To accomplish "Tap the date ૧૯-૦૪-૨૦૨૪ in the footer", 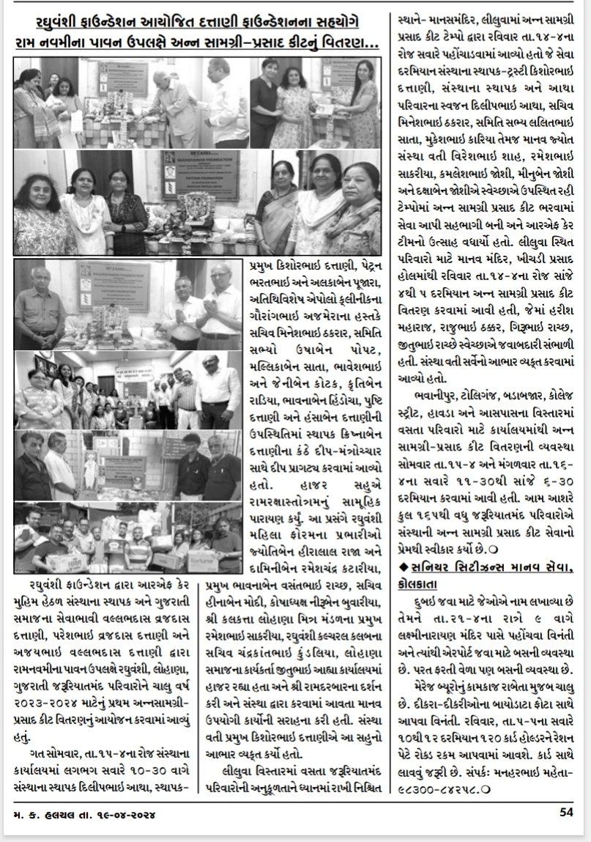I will point(130,812).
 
